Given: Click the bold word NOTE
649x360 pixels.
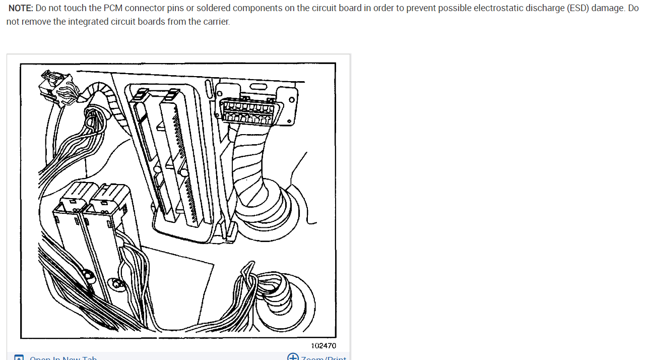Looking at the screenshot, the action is (x=21, y=9).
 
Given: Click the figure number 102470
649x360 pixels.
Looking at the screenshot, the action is (x=323, y=346).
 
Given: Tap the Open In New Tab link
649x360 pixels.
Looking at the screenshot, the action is (x=63, y=358).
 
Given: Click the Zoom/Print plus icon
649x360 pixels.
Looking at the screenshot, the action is (x=293, y=357).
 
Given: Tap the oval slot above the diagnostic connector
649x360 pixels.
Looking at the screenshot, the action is (x=258, y=87).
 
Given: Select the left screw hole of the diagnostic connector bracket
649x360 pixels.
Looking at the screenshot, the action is (x=219, y=94).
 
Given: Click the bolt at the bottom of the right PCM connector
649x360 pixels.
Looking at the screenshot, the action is (x=117, y=283).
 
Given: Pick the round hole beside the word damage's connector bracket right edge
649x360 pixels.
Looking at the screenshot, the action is (x=289, y=122).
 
